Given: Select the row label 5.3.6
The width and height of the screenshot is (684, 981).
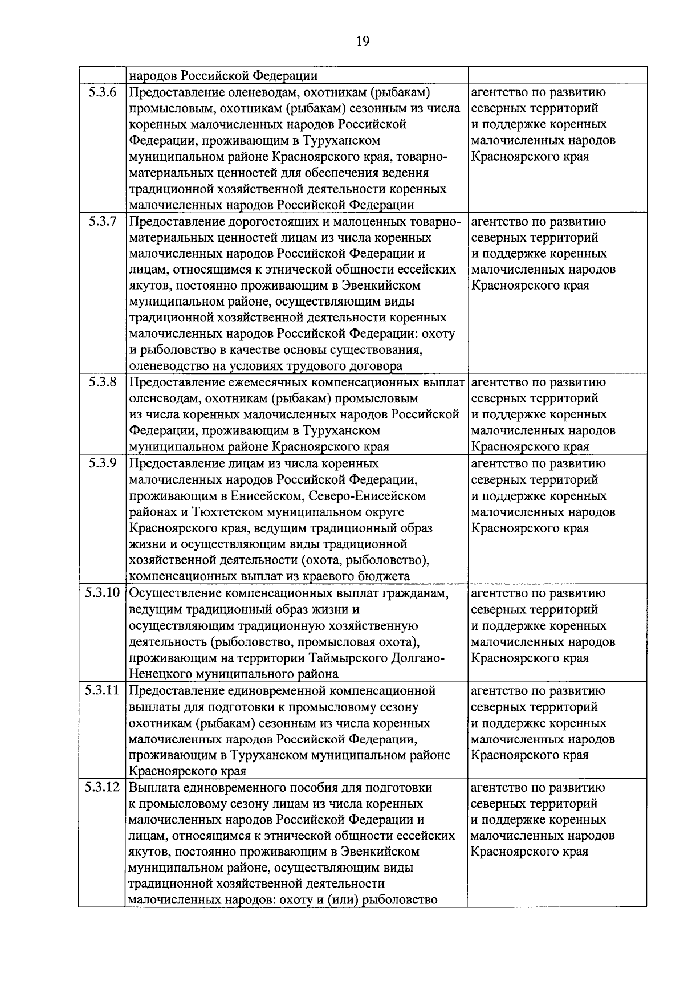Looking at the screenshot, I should pos(103,92).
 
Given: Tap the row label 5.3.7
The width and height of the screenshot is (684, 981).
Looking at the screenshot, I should pos(103,222).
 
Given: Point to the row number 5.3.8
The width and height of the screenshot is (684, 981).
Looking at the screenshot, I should pos(103,382).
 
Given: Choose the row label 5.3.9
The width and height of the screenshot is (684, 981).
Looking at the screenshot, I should pos(103,463).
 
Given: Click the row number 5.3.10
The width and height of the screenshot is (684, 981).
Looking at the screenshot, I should pos(103,593).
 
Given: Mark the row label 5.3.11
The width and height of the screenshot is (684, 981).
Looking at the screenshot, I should pos(103,691).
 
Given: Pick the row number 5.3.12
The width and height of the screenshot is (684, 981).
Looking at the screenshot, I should pos(103,788).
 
